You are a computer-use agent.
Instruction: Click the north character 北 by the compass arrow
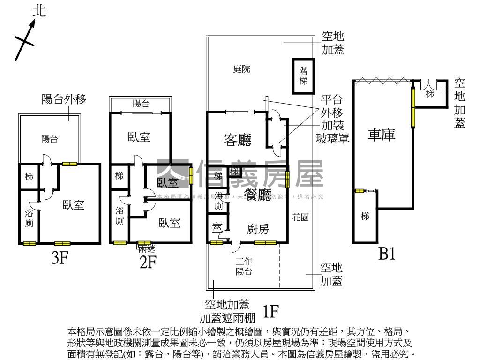39,11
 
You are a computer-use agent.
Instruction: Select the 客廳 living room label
237,140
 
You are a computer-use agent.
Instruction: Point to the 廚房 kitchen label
258,229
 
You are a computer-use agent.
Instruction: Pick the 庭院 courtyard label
242,69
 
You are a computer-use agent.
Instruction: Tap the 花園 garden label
300,217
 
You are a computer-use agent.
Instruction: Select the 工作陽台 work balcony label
244,267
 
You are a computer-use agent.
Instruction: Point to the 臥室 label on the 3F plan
74,205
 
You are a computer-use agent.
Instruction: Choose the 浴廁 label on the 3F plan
29,218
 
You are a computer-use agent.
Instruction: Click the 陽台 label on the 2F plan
141,104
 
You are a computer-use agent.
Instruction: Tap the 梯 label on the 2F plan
119,176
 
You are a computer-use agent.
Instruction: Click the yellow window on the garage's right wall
413,107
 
